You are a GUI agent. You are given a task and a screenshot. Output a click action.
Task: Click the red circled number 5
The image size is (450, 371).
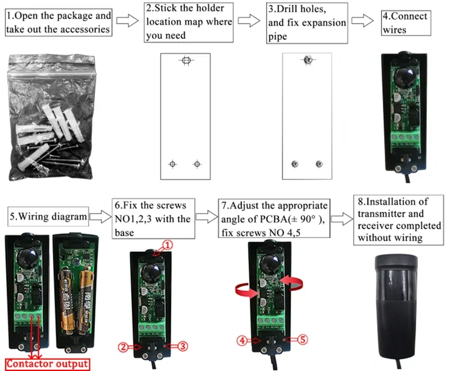pos(302,340)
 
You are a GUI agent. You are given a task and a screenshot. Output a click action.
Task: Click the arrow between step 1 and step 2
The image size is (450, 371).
pos(129,22)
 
